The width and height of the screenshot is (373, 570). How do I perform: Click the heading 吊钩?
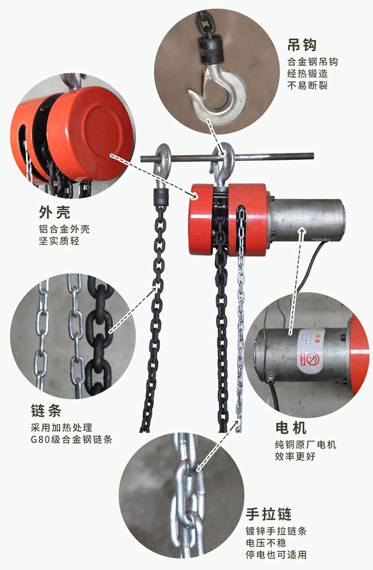coord(302,45)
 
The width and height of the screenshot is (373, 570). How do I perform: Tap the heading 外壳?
coord(54,212)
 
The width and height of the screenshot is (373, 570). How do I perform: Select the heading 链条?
coord(46,411)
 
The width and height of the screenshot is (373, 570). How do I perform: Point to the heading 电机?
coord(291,428)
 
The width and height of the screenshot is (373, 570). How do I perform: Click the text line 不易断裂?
coord(307,85)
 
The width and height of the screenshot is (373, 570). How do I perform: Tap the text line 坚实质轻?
coord(59,240)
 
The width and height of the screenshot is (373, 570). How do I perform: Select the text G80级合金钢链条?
coord(71,439)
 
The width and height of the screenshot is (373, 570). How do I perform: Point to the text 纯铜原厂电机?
coord(306,444)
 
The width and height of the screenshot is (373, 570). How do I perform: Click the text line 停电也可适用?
coord(276,555)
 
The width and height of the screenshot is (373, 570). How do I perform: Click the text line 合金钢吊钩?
coord(313,62)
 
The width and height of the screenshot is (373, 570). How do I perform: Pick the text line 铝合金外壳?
coord(64,229)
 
